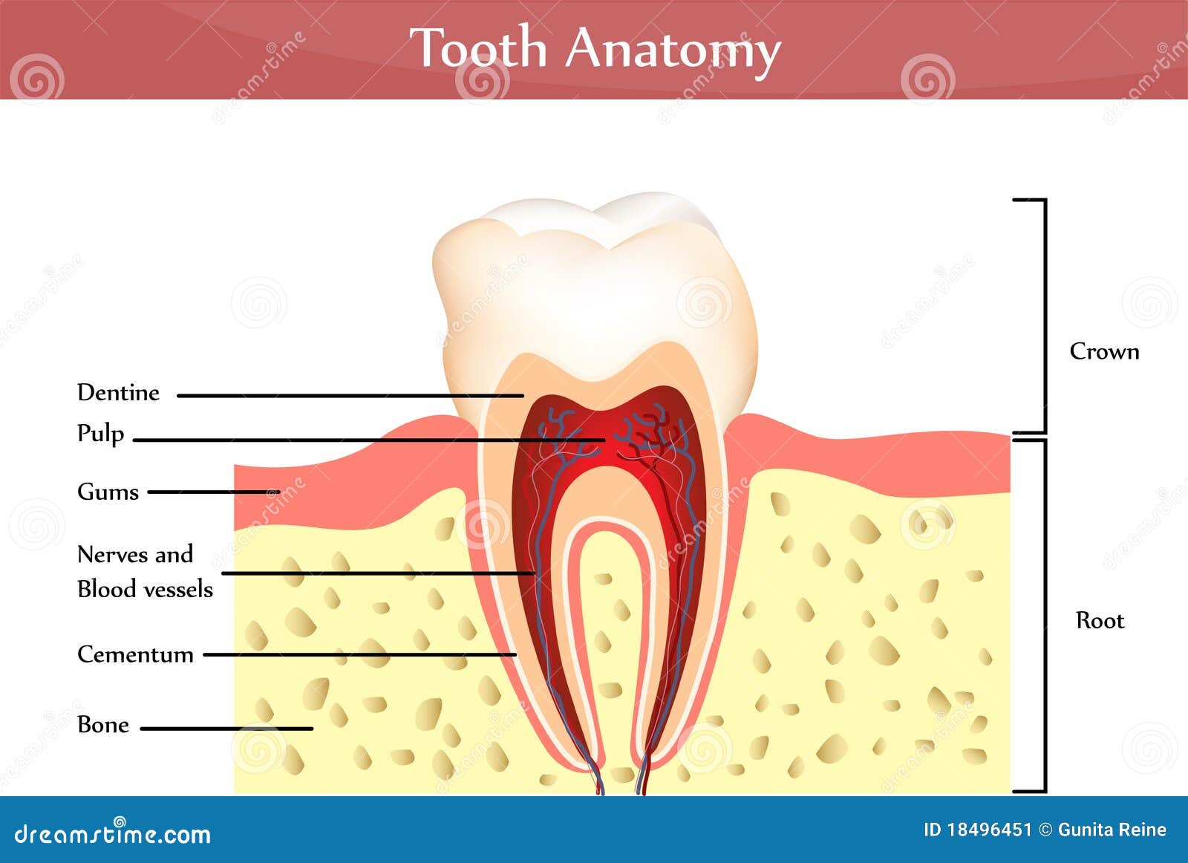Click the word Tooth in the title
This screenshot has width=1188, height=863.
[x=478, y=48]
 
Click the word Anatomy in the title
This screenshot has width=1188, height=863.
[x=673, y=50]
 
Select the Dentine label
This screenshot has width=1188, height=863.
[x=118, y=392]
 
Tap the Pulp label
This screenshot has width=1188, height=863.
[x=100, y=433]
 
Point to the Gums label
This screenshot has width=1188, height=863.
[x=108, y=492]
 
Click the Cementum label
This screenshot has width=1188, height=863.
[x=135, y=654]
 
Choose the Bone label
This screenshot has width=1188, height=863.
[x=103, y=725]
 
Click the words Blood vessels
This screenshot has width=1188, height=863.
[x=145, y=589]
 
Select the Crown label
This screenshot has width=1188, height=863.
[x=1104, y=351]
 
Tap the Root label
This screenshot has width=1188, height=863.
[x=1100, y=620]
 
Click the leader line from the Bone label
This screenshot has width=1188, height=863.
[x=226, y=729]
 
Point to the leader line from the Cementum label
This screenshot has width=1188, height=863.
[x=360, y=654]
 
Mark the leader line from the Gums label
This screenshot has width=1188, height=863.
[x=212, y=492]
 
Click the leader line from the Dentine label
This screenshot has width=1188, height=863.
[x=349, y=396]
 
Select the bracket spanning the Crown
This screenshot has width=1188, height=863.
[x=1045, y=316]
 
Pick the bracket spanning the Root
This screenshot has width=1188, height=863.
[x=1045, y=616]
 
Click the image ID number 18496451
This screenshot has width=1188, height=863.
[x=989, y=830]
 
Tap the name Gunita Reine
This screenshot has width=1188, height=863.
[x=1112, y=830]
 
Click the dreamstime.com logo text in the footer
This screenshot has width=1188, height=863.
[x=113, y=834]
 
